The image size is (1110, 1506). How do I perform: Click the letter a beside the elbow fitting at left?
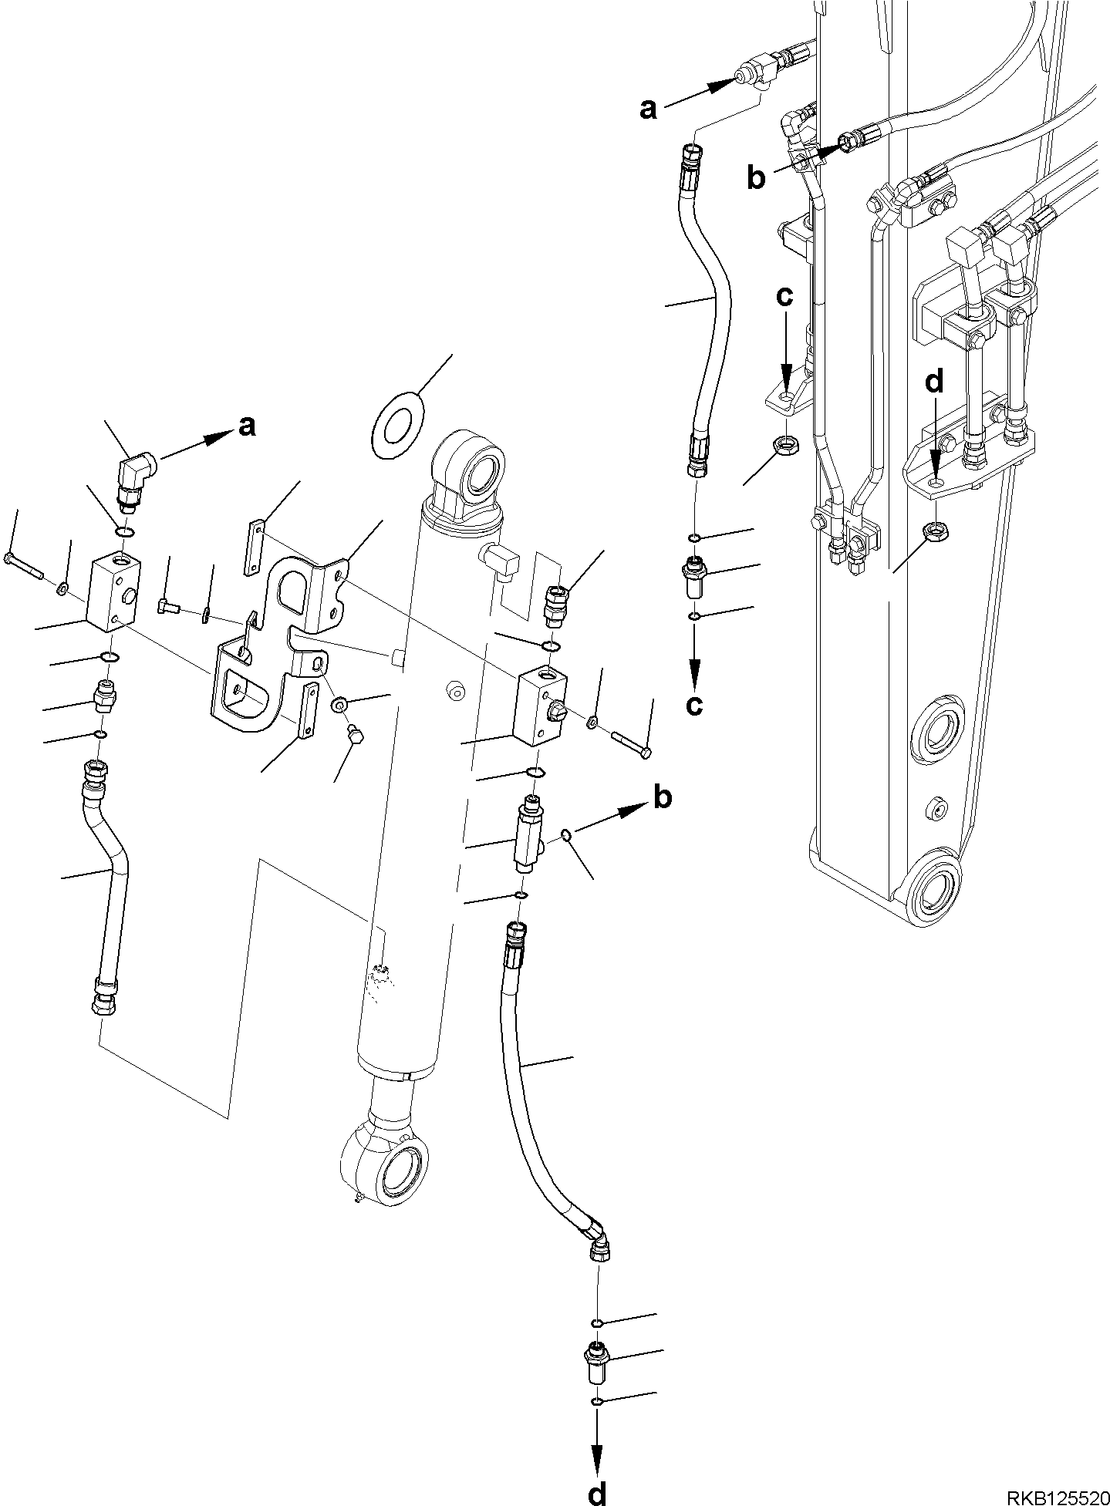pos(247,426)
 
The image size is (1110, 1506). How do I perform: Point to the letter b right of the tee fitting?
pos(662,798)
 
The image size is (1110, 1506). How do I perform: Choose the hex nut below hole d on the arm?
pos(935,531)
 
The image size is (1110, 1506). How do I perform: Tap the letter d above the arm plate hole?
pos(934,384)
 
